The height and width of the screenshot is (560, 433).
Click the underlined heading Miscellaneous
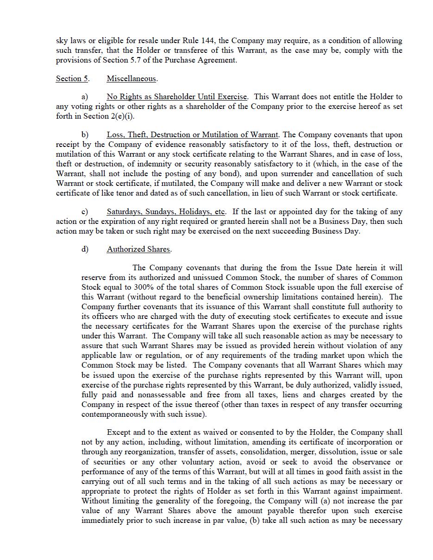[132, 79]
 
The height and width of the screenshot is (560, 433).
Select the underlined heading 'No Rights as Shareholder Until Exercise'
[176, 97]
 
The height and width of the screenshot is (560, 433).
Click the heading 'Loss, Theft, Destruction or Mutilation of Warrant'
[192, 135]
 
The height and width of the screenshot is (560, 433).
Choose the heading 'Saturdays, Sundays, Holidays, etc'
[166, 212]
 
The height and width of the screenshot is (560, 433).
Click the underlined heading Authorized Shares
[138, 249]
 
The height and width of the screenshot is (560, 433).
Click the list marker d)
[85, 249]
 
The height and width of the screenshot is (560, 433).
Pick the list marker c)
[85, 212]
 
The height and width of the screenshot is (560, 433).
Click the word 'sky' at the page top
[62, 41]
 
